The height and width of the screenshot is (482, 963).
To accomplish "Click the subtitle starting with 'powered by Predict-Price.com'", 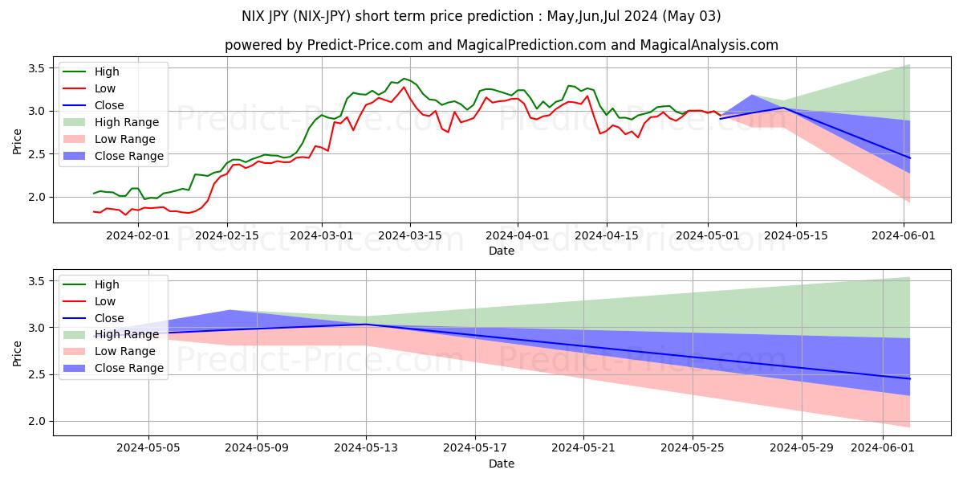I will coord(502,45).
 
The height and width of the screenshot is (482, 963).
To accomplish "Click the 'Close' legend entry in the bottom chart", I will coord(109,318).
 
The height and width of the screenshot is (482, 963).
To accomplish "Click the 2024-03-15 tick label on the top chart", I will coord(409,235).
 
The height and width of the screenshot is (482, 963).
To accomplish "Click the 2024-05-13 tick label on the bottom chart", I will coord(366,448).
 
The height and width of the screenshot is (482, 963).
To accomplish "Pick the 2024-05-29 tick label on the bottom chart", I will coord(802,448).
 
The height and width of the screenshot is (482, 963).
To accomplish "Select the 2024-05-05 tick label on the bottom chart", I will coord(148,448).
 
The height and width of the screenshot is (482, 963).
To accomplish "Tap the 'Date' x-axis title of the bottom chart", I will coord(502,464).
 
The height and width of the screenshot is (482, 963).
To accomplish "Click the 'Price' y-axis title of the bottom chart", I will coord(18,351).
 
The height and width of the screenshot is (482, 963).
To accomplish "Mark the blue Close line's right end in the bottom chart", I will coord(910,378).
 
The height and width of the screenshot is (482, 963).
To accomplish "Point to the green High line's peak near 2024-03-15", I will coord(404,79).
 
